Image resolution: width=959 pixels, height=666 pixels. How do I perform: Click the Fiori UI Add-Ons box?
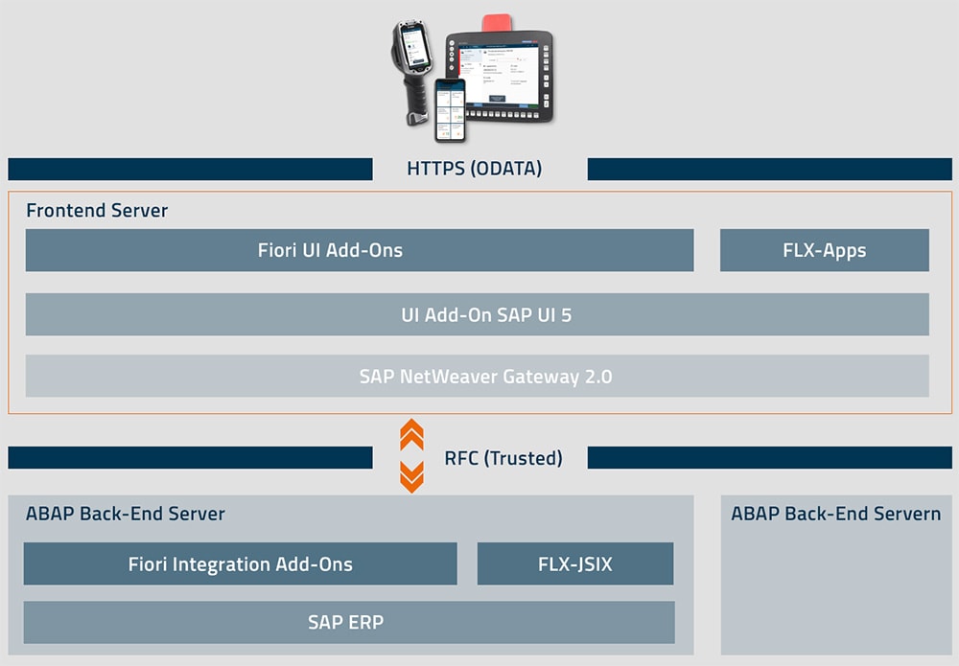[x=359, y=250]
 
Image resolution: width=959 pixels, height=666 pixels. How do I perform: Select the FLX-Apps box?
[x=824, y=250]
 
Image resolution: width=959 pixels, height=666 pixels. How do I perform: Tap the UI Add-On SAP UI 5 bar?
[x=477, y=314]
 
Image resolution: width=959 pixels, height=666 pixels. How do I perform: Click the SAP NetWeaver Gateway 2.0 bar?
[x=477, y=376]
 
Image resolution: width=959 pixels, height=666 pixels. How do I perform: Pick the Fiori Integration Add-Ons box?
[x=240, y=563]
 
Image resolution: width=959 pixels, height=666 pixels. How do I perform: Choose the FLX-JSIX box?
[x=575, y=563]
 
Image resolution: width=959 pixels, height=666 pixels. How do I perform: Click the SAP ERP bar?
[x=349, y=622]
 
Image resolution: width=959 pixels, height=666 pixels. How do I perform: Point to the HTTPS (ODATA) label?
[x=475, y=169]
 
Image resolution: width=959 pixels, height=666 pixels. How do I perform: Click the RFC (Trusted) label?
[x=503, y=458]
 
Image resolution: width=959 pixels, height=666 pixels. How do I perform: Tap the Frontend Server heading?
[x=97, y=211]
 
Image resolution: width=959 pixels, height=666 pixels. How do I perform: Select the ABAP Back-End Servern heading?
[x=835, y=514]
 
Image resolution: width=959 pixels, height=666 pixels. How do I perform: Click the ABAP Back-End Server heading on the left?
[x=126, y=514]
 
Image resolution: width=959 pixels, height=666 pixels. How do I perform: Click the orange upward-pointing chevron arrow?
[x=411, y=434]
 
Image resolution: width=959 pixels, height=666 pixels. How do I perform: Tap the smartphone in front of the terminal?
[x=450, y=110]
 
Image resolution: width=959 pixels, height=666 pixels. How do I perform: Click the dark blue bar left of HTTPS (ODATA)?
[x=190, y=170]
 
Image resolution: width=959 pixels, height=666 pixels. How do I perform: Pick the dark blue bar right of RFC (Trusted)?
[x=769, y=458]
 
